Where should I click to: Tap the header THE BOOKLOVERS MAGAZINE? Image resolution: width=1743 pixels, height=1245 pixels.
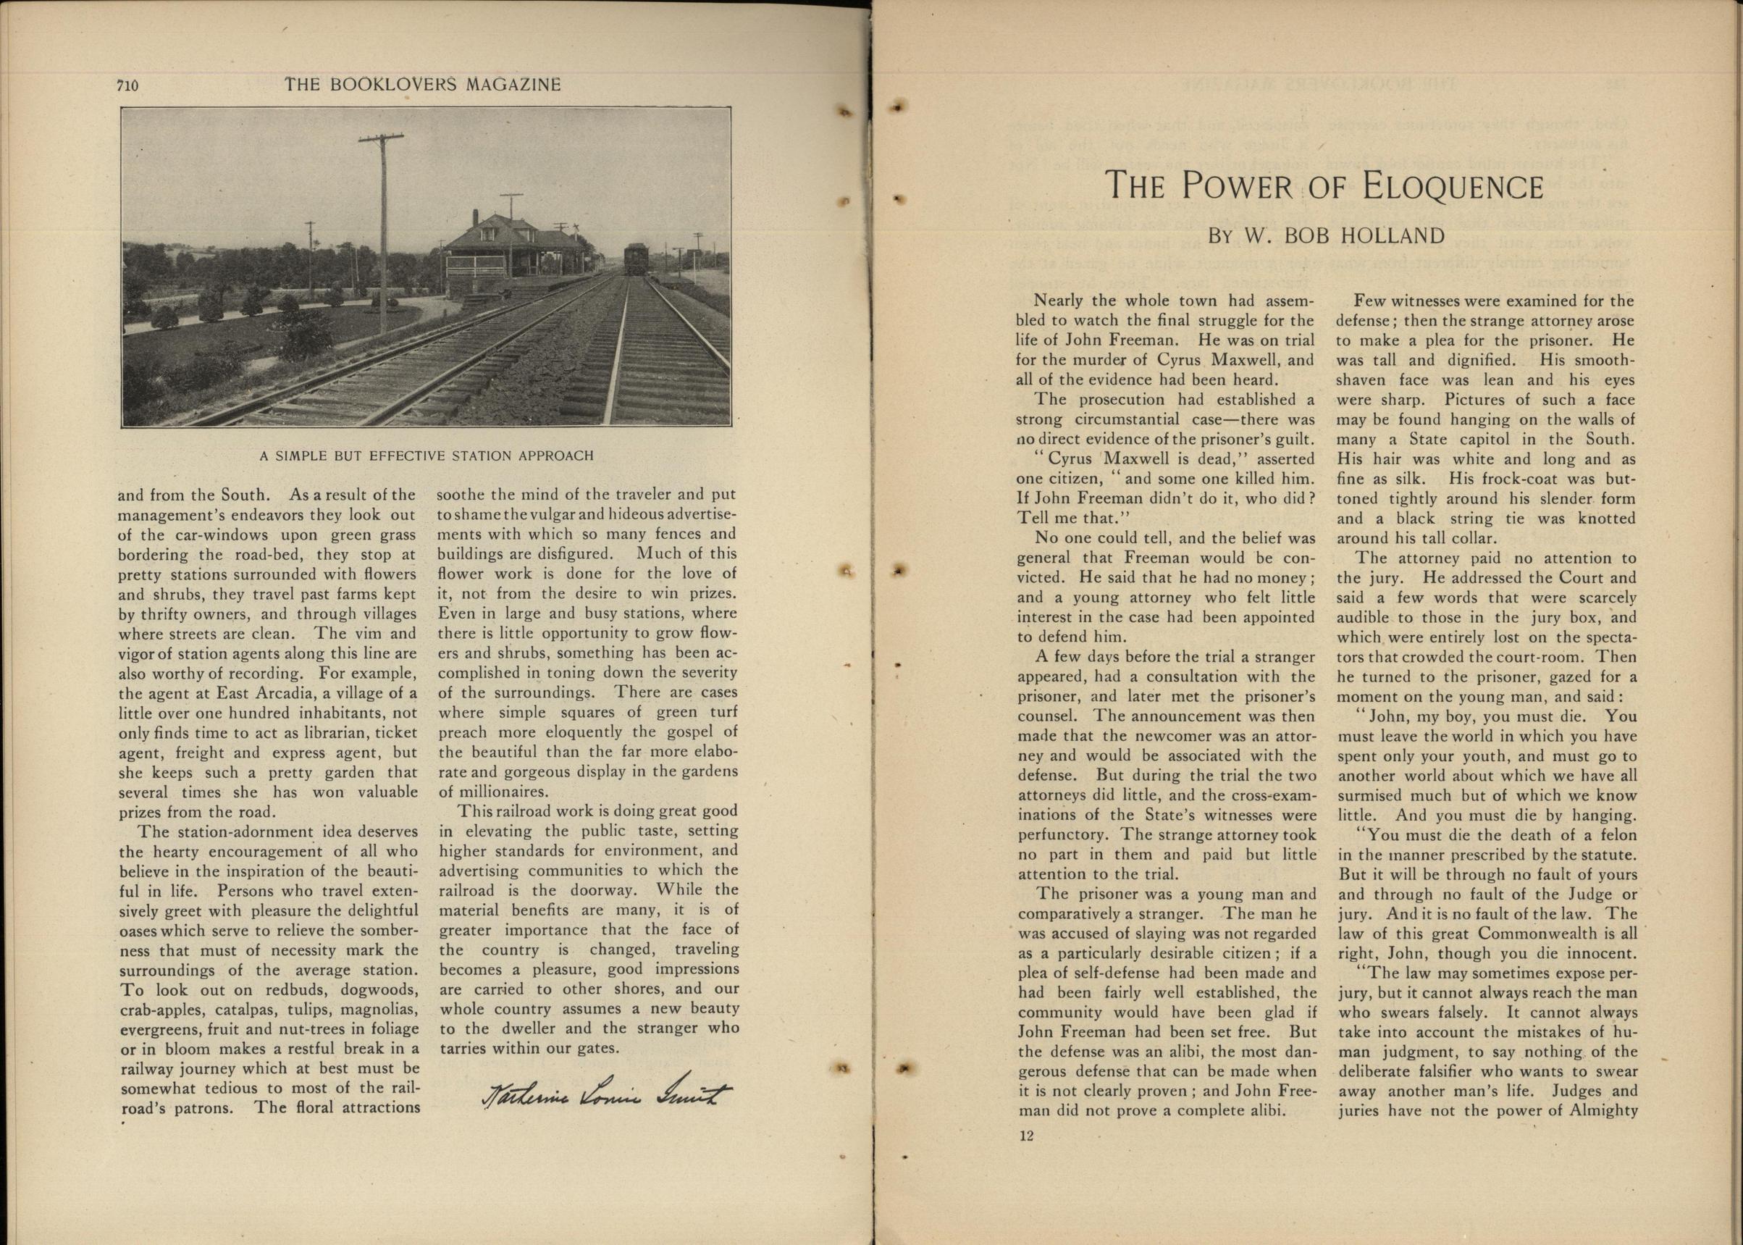[422, 85]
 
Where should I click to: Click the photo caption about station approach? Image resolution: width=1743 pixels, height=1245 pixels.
[427, 456]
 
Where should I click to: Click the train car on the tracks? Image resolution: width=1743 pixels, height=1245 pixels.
[635, 259]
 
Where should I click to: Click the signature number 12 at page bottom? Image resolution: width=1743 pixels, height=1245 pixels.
[1027, 1136]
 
